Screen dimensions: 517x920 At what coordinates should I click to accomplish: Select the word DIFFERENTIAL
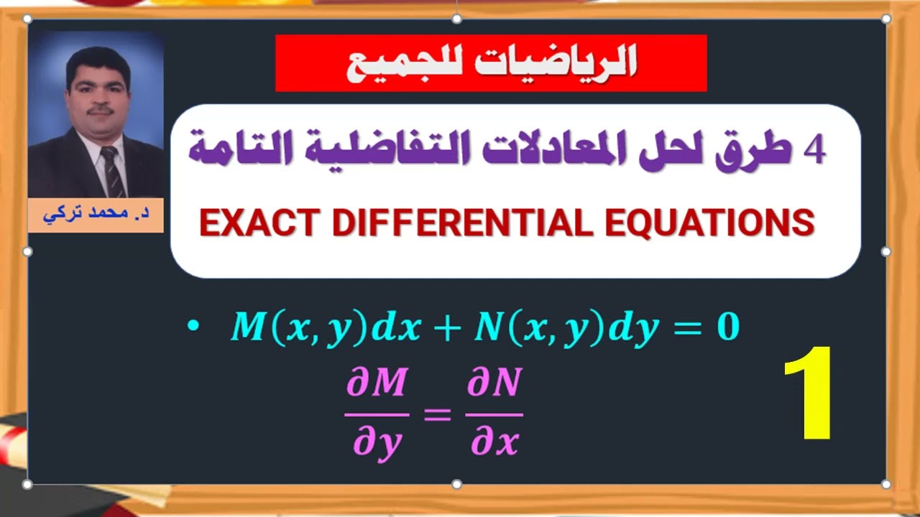pos(459,223)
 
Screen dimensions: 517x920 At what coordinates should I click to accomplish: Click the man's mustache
pos(101,111)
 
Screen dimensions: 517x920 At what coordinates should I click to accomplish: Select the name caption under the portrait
pos(96,215)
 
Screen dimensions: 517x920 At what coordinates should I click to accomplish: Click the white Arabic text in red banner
pos(492,63)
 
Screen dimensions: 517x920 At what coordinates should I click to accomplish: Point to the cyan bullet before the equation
pos(191,327)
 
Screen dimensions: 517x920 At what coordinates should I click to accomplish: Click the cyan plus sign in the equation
pos(447,328)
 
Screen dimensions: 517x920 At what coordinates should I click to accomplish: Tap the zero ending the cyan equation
pos(727,328)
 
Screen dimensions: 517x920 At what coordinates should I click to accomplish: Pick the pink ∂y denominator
pos(377,443)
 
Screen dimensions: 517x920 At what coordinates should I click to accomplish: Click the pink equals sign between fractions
pos(437,416)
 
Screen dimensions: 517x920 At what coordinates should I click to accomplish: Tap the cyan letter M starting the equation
pos(247,328)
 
